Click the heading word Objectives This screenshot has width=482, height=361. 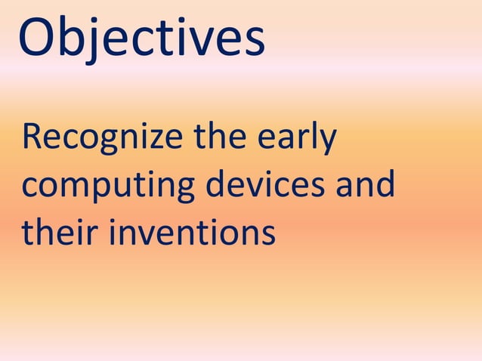pyautogui.click(x=141, y=38)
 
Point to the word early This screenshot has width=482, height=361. pyautogui.click(x=298, y=140)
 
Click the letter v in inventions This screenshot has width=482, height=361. pyautogui.click(x=148, y=234)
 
